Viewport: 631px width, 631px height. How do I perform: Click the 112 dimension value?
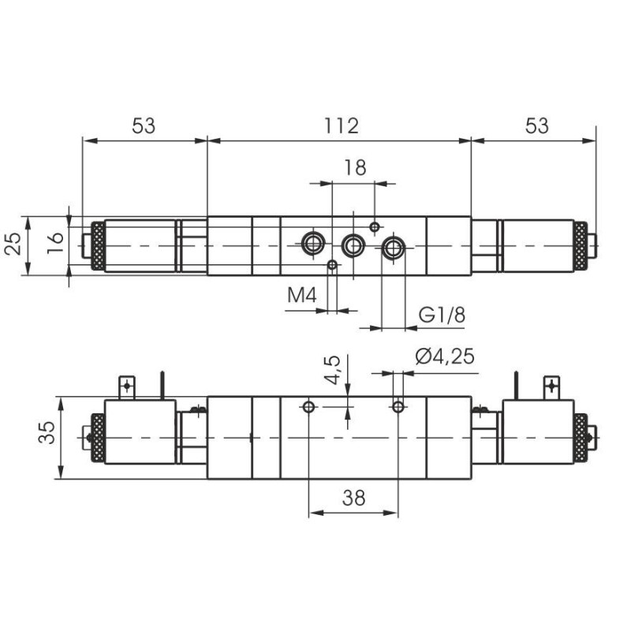tap(341, 125)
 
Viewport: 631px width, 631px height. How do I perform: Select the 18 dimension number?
tap(356, 167)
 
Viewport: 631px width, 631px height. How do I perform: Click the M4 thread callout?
tap(301, 296)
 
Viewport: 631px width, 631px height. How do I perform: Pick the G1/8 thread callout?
tap(442, 315)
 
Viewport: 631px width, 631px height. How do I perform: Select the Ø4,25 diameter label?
tap(445, 357)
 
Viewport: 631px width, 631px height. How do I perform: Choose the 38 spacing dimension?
tap(354, 497)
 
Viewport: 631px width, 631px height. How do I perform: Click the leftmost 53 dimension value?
tap(144, 125)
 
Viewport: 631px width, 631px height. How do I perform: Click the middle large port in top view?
tap(353, 246)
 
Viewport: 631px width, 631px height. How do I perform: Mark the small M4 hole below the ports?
tap(333, 265)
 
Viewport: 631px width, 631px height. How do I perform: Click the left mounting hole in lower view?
tap(308, 406)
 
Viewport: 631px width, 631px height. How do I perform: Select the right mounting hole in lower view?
tap(399, 406)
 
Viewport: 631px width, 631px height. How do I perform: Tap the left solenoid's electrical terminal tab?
tap(125, 386)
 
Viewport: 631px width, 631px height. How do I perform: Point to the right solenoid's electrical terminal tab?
tap(551, 386)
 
